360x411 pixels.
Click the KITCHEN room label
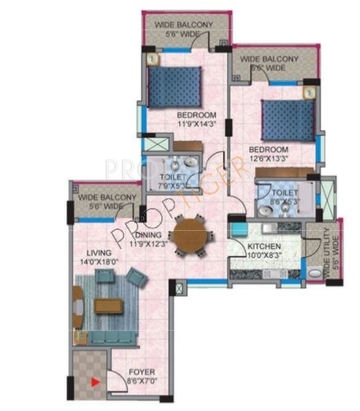coord(264,246)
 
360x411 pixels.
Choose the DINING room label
coord(149,234)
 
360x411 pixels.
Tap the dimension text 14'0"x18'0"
coord(94,262)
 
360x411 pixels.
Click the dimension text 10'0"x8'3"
coord(265,255)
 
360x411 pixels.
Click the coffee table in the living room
coord(108,305)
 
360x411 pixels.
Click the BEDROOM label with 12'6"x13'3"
coord(268,150)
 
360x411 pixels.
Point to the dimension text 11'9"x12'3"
coord(148,243)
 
